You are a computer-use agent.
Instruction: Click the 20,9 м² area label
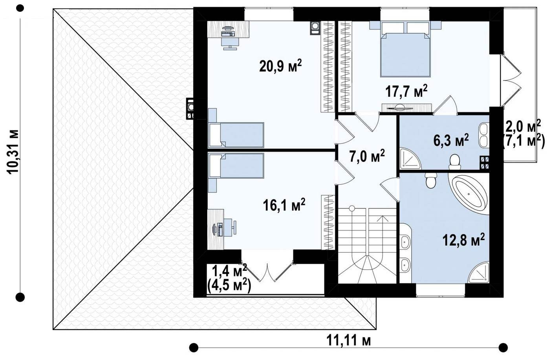280,66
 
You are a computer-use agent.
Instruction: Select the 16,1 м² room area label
284,205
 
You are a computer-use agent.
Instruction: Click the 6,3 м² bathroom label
451,140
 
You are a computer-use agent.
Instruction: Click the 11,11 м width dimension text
349,341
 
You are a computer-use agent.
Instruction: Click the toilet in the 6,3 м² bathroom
454,162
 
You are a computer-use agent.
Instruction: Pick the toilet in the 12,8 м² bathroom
431,180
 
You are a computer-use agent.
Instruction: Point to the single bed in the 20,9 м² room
236,135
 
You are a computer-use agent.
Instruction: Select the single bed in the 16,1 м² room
236,165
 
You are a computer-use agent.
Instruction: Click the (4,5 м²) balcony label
229,286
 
